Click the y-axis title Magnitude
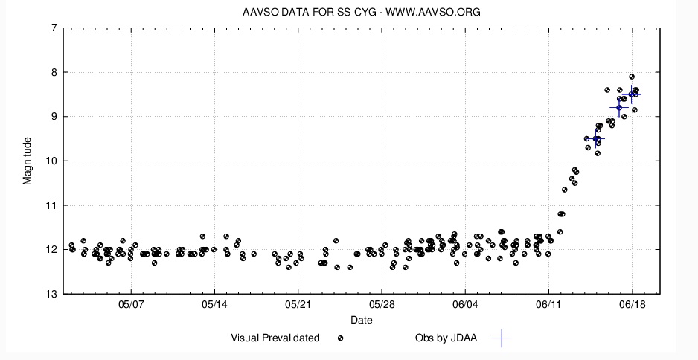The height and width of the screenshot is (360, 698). coord(28,161)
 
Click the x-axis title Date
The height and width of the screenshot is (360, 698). coord(362,321)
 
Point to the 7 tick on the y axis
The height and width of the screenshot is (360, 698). coord(54,28)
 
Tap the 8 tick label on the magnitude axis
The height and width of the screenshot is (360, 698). coord(54,73)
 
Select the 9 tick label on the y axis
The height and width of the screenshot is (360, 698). coord(54,117)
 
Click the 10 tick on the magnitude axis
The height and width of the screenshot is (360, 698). coord(51,161)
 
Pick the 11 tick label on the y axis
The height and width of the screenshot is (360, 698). coord(51,205)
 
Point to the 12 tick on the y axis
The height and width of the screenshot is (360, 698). coord(51,250)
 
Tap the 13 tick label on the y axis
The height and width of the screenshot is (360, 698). coord(51,294)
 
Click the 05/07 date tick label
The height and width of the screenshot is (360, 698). coord(131,306)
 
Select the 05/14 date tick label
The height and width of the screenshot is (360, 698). coord(214,306)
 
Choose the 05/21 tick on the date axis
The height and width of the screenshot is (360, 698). coord(298,306)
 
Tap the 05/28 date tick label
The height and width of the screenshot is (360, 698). coord(381,306)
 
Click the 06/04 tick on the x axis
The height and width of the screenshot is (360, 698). coord(464,306)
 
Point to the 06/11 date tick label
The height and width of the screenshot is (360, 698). coord(548,306)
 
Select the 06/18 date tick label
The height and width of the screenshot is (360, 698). coord(632,306)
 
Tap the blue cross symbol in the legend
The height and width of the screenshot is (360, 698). coord(502,338)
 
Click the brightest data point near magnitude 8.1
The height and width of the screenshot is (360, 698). coord(632,77)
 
